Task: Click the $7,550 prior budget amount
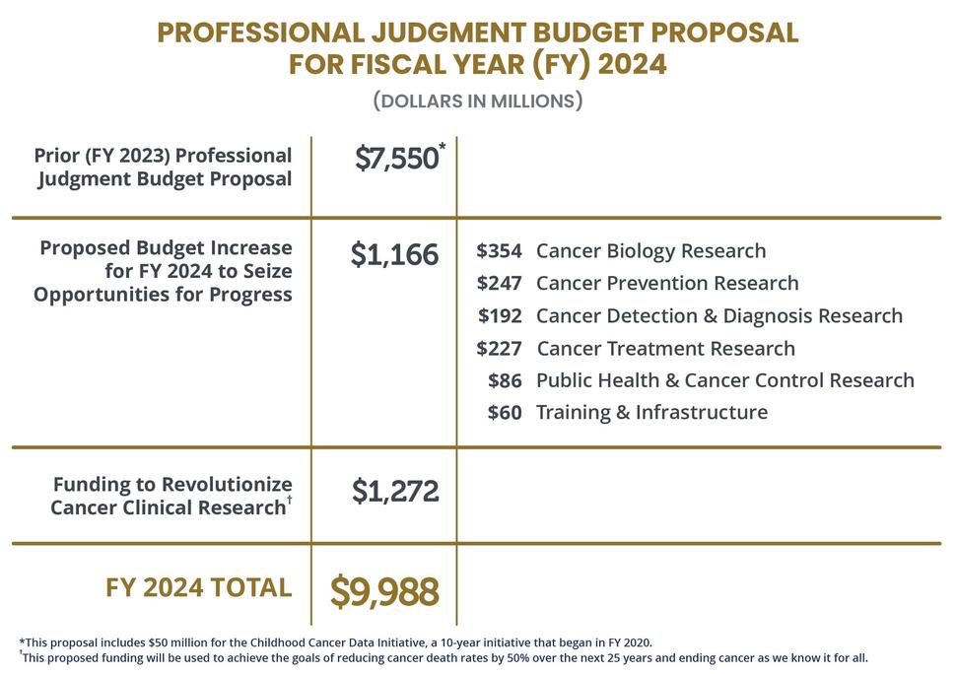pyautogui.click(x=396, y=159)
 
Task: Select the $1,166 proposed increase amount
pyautogui.click(x=394, y=255)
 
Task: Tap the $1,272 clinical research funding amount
pyautogui.click(x=395, y=491)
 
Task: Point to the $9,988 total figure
pyautogui.click(x=384, y=591)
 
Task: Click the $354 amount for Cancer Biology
pyautogui.click(x=499, y=251)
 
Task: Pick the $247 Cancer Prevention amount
pyautogui.click(x=499, y=284)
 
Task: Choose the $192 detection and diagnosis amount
pyautogui.click(x=500, y=316)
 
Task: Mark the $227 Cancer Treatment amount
pyautogui.click(x=499, y=349)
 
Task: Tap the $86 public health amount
pyautogui.click(x=505, y=380)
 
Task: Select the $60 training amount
pyautogui.click(x=505, y=413)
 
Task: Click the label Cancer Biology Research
pyautogui.click(x=650, y=251)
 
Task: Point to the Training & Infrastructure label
pyautogui.click(x=651, y=413)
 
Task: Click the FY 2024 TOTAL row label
pyautogui.click(x=198, y=588)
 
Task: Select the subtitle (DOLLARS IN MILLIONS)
pyautogui.click(x=478, y=101)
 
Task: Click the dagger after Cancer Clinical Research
pyautogui.click(x=289, y=501)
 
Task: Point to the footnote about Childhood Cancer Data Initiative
pyautogui.click(x=335, y=642)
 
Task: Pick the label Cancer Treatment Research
pyautogui.click(x=665, y=349)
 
